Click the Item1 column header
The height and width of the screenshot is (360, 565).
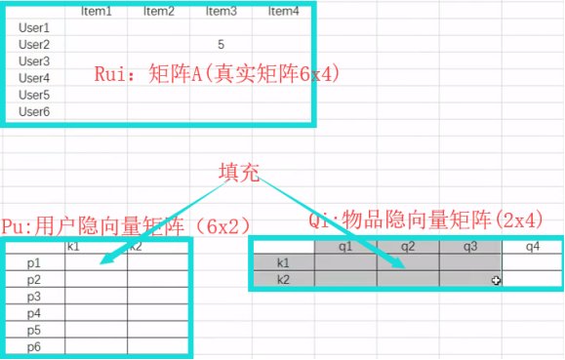(96, 12)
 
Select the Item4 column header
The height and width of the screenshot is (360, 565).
(283, 12)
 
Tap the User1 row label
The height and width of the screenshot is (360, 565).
(34, 27)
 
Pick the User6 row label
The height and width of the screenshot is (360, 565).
(34, 111)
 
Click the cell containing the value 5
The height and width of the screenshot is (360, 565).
(222, 44)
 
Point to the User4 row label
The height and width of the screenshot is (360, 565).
(34, 78)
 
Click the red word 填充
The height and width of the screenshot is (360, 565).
(239, 173)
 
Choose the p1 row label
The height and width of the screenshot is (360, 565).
(34, 262)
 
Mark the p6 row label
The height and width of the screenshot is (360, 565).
(34, 346)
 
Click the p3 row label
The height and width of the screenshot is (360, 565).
(34, 296)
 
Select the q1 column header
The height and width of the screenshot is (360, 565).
(345, 247)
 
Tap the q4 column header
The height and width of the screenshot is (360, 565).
(532, 247)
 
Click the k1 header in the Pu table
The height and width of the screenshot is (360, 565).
(73, 246)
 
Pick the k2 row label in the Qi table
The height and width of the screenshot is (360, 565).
(283, 279)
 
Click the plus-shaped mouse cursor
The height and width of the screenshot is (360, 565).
(497, 280)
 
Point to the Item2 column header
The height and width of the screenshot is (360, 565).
(158, 12)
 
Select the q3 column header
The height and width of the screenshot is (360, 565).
(469, 247)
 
